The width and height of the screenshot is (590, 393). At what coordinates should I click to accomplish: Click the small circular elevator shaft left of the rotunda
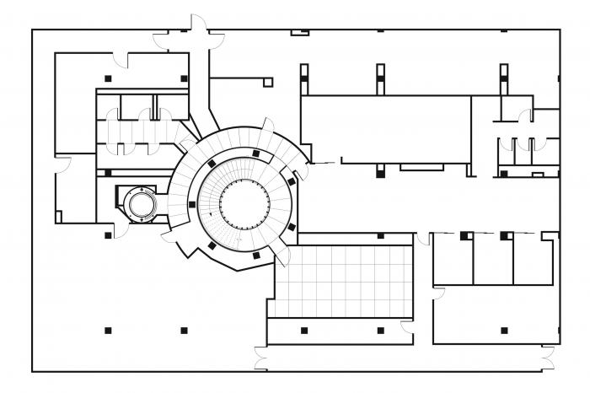(140, 203)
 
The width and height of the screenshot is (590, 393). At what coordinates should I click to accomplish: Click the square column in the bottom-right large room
(504, 331)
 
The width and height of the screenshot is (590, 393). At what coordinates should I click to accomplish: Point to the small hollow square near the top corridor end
(268, 83)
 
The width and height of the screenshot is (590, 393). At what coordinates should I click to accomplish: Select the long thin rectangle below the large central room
(421, 167)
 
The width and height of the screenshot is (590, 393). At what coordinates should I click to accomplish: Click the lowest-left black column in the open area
(108, 330)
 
